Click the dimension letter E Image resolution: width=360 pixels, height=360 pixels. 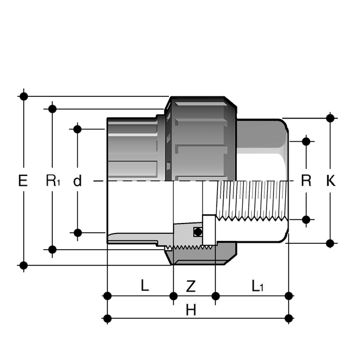click(x=23, y=181)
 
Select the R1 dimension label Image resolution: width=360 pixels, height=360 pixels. click(x=53, y=181)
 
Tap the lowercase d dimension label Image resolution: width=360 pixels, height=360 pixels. click(x=77, y=181)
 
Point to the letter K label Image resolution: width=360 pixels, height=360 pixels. click(x=330, y=181)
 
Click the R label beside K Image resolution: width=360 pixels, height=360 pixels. click(x=306, y=181)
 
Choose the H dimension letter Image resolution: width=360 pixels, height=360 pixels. click(x=191, y=310)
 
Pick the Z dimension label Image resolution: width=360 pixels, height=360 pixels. click(x=190, y=286)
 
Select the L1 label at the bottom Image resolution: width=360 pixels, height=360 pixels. click(x=257, y=286)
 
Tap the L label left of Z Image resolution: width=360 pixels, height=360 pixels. click(x=145, y=285)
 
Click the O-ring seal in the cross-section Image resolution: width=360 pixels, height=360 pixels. click(x=197, y=232)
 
